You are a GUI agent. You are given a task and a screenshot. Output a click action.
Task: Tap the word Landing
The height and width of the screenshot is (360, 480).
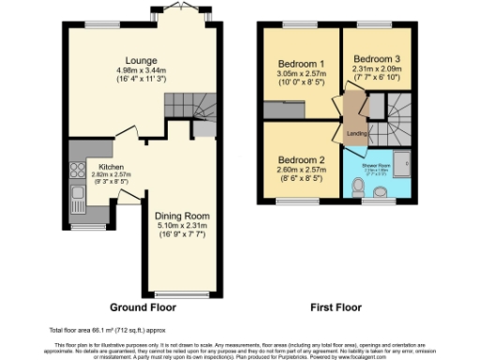coord(356,133)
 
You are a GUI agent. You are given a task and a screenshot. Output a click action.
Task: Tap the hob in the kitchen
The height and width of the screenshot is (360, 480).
coord(75,172)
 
